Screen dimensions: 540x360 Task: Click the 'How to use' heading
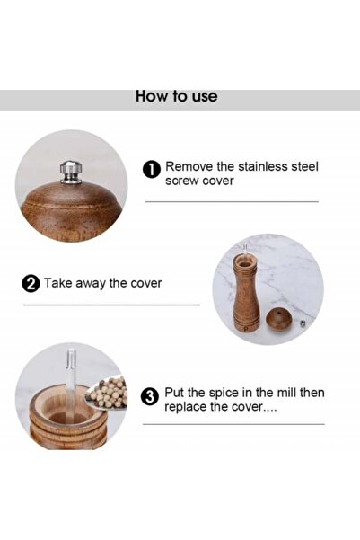(176, 96)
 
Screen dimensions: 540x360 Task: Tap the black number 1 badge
(152, 168)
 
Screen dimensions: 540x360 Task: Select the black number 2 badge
(30, 284)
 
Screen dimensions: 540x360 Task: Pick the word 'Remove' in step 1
(188, 166)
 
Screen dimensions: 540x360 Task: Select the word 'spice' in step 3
(226, 393)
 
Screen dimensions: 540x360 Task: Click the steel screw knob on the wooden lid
(70, 168)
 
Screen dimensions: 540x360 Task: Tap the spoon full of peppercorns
(108, 394)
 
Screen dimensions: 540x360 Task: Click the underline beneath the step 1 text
(232, 201)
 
